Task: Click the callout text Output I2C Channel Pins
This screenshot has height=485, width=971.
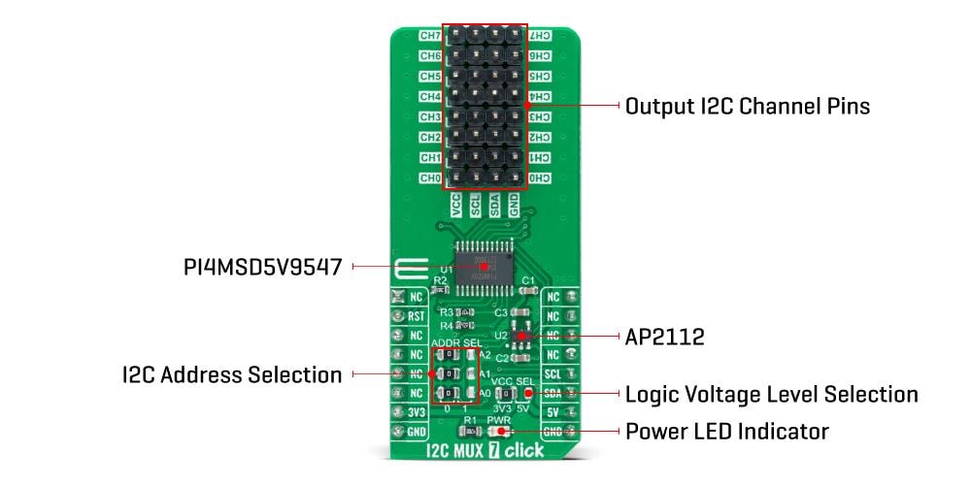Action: pyautogui.click(x=747, y=106)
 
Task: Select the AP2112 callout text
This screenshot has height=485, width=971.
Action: pyautogui.click(x=665, y=337)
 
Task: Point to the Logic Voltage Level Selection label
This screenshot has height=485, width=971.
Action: pyautogui.click(x=771, y=394)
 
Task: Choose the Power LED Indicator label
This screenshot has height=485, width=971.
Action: pyautogui.click(x=726, y=431)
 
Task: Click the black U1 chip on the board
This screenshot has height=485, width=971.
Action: pyautogui.click(x=485, y=265)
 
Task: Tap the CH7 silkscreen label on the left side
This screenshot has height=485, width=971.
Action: pyautogui.click(x=430, y=36)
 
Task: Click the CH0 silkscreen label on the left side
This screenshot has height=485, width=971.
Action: pyautogui.click(x=430, y=178)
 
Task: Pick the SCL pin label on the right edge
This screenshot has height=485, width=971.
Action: pyautogui.click(x=552, y=373)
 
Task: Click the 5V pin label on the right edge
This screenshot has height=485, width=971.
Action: pyautogui.click(x=552, y=411)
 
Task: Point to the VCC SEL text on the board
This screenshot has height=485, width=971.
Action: pyautogui.click(x=512, y=381)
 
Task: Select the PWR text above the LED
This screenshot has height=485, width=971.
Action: pyautogui.click(x=499, y=420)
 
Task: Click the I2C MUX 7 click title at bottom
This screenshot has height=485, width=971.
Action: pyautogui.click(x=485, y=450)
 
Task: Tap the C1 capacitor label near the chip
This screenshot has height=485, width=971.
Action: pyautogui.click(x=529, y=280)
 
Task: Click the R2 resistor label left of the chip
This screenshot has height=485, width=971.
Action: pyautogui.click(x=440, y=280)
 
